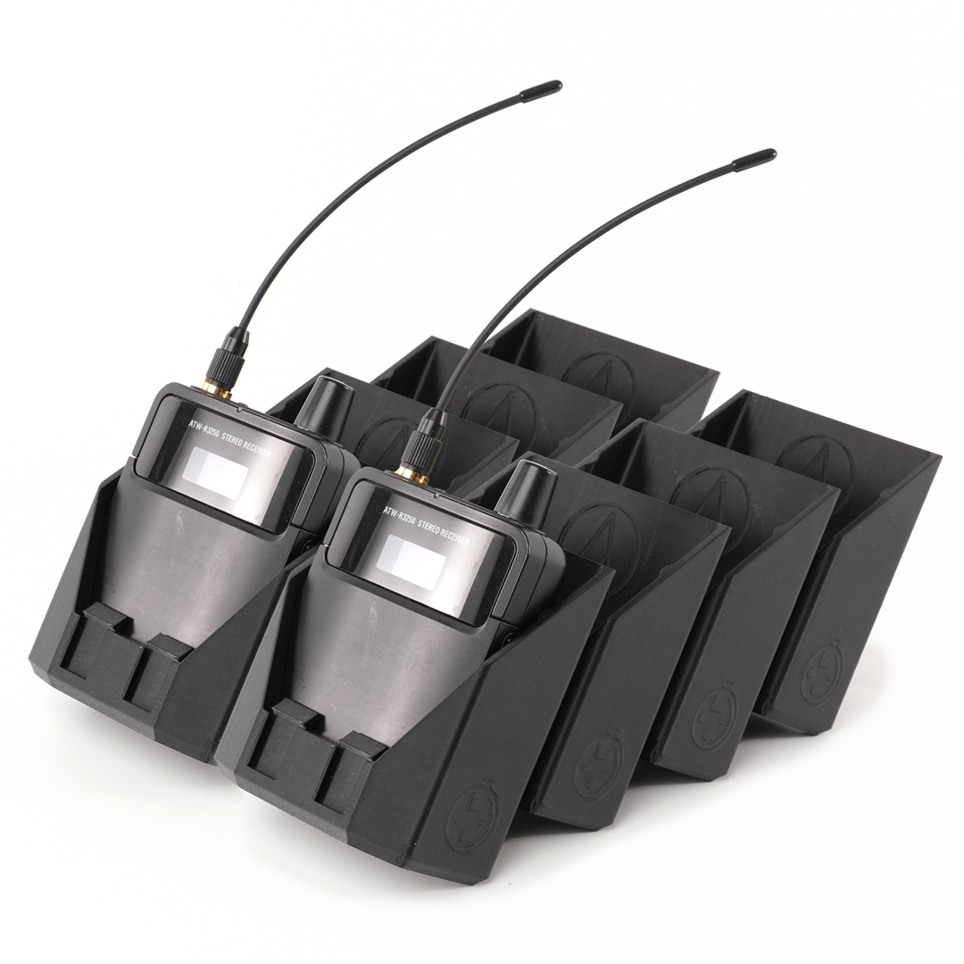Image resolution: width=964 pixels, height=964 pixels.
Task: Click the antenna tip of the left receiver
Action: pos(557,84)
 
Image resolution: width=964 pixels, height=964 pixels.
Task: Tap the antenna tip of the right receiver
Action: pos(772,153)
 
